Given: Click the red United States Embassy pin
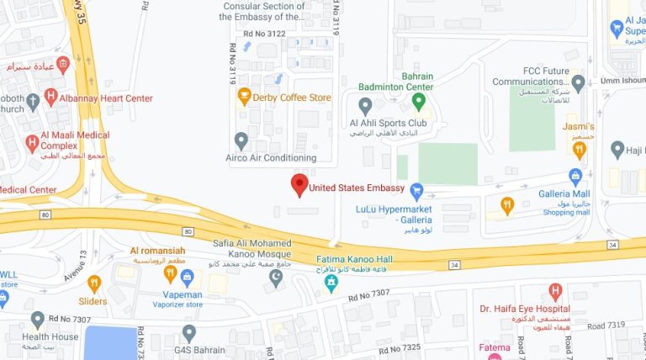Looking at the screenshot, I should [299, 185].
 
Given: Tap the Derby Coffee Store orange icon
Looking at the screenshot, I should [245, 97].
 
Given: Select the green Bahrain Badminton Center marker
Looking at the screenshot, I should [419, 102].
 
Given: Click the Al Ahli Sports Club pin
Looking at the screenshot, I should [365, 106].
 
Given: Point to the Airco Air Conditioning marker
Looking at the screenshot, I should [241, 140].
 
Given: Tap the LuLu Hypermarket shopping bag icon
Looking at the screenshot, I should [416, 190].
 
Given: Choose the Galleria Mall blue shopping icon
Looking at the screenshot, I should [575, 176].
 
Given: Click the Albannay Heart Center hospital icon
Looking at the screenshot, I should [51, 98].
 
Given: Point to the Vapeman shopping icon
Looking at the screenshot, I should [188, 276].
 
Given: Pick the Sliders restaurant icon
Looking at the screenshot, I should [94, 283].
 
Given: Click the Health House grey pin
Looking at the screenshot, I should [37, 320].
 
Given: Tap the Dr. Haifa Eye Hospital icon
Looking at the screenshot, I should [555, 292].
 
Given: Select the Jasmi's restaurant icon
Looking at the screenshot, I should [579, 150].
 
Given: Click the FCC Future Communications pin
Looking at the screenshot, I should [578, 83].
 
